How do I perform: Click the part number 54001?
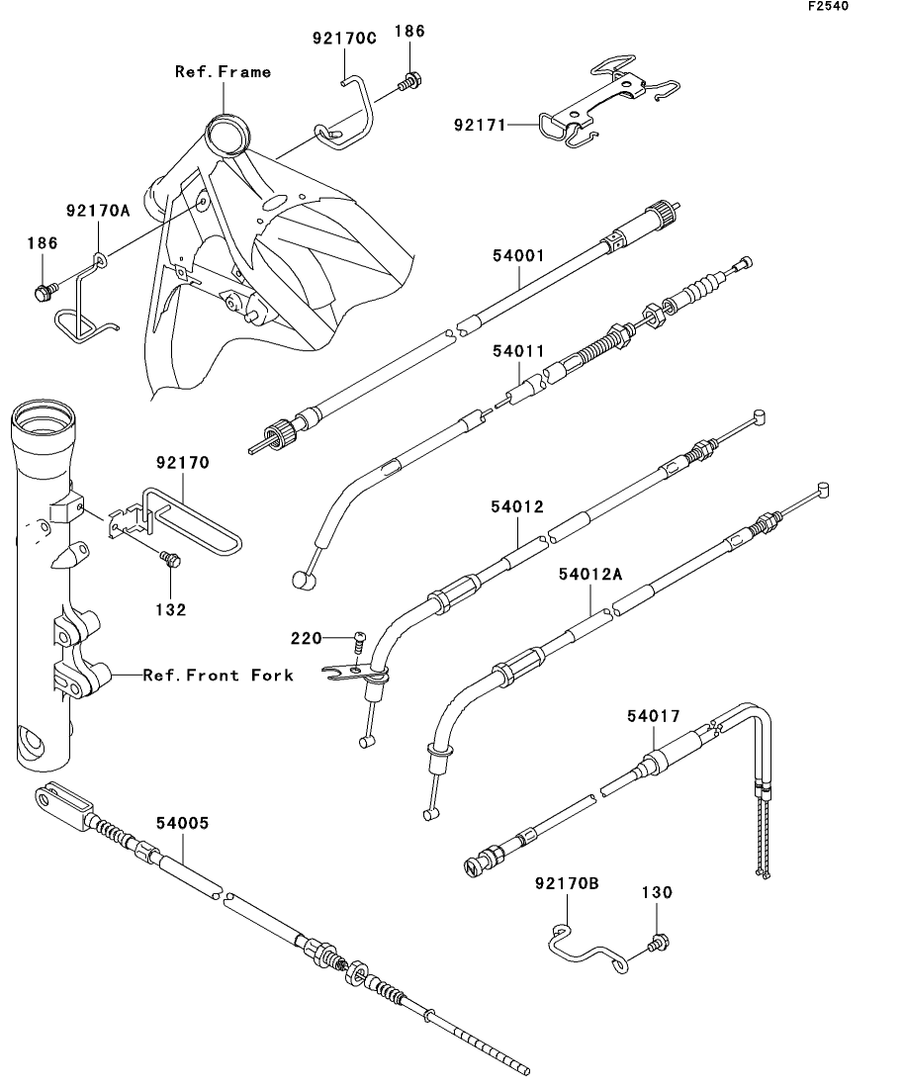pos(519,254)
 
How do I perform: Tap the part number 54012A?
pos(590,574)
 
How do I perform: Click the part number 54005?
pos(182,822)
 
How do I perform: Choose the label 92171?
pos(480,126)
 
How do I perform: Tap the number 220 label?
pos(306,638)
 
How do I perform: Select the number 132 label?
pos(170,610)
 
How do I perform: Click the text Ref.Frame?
pos(223,71)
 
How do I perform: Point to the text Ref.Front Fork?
pos(218,676)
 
